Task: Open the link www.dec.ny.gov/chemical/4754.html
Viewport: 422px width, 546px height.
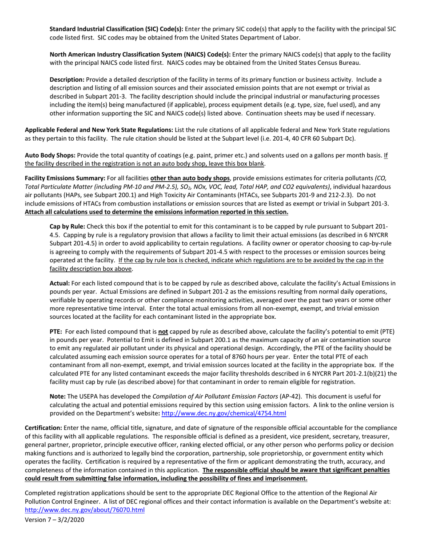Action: pos(223,413)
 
